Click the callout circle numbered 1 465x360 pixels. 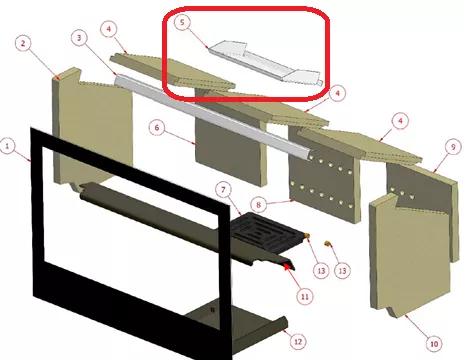7,146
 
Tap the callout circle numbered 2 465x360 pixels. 23,44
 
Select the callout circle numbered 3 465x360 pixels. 79,38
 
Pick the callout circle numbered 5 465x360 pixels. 182,23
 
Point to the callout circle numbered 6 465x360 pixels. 157,128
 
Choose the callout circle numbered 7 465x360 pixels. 223,190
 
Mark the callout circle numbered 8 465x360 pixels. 259,205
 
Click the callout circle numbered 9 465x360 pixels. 453,147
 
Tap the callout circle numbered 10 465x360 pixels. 434,344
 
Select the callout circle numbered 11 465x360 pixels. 305,296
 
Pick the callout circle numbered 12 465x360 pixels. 298,341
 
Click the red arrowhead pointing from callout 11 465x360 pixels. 287,266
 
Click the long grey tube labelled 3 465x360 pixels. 213,118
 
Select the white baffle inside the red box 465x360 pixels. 265,63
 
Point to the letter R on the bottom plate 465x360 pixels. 213,310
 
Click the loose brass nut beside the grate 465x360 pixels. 327,244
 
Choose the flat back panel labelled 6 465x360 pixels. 231,147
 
